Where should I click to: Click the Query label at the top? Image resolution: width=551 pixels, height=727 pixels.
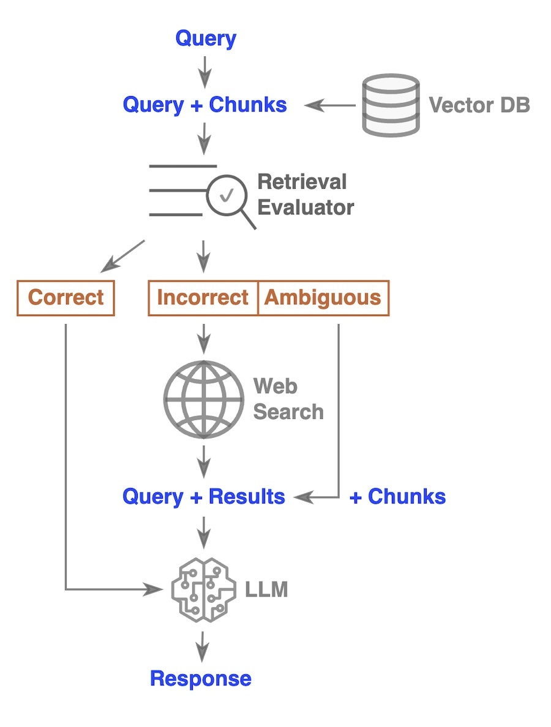tap(206, 39)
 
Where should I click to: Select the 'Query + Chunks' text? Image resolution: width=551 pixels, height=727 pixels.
tap(204, 105)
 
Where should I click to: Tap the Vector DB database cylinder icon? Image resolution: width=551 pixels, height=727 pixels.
tap(391, 105)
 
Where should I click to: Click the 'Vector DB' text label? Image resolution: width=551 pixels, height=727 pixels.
tap(479, 105)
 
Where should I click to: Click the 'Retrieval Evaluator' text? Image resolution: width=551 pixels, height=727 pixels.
tap(305, 194)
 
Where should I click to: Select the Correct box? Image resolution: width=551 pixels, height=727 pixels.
tap(66, 298)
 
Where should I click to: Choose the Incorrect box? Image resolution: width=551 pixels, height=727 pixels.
tap(203, 298)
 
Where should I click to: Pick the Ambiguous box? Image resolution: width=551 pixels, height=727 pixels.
tap(323, 298)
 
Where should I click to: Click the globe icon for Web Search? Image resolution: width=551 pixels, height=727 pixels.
tap(204, 399)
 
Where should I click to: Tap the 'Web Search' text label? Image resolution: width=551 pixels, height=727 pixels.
tap(288, 399)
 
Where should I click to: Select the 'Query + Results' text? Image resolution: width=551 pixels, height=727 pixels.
tap(204, 496)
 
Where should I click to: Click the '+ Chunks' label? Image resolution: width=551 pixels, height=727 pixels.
tap(397, 496)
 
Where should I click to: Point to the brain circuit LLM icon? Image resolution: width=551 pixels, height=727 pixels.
tap(204, 590)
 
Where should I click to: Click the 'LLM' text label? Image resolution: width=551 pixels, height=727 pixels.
tap(266, 590)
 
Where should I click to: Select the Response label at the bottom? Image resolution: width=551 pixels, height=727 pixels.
tap(201, 679)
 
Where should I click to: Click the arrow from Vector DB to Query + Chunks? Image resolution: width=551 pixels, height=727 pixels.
tap(331, 105)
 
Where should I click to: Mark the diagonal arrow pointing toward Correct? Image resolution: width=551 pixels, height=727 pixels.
tap(123, 256)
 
